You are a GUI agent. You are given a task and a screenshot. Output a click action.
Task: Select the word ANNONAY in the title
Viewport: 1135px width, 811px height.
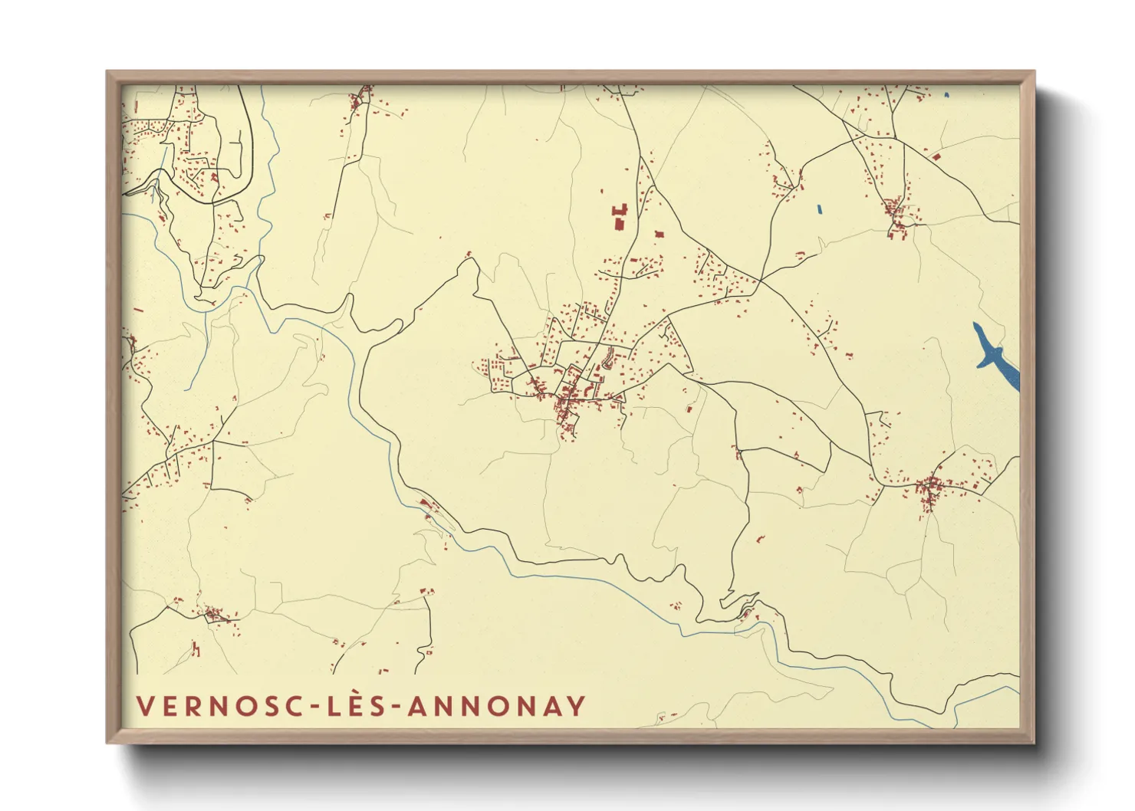[497, 706]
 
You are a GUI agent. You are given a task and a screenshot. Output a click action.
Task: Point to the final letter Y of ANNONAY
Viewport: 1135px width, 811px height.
[577, 706]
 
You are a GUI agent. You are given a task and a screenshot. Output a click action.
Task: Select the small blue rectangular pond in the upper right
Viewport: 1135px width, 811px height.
[819, 208]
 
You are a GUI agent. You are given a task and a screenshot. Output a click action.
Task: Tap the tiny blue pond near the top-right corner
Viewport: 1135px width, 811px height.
[946, 95]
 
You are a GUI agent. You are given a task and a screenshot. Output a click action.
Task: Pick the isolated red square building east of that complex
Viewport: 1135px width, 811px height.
[658, 235]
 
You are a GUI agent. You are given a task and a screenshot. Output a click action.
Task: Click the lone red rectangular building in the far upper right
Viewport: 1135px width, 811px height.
[936, 156]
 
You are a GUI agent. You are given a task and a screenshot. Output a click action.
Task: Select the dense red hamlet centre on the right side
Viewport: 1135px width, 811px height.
[929, 486]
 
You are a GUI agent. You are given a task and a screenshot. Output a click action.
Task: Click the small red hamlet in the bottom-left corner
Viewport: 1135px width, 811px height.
[212, 613]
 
